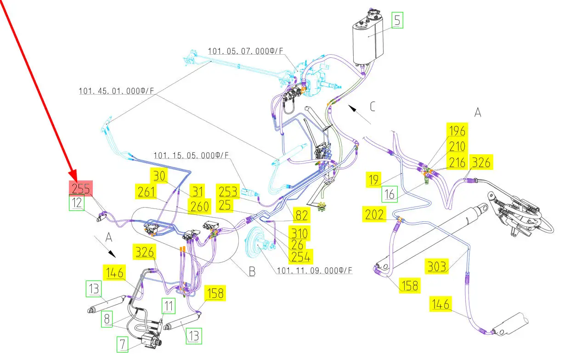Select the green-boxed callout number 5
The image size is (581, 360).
tap(397, 21)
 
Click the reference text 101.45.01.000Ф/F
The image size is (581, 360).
tap(116, 91)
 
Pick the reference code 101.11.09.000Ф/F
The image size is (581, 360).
tap(315, 270)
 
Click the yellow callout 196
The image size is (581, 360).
tap(457, 131)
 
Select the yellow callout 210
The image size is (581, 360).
tap(457, 147)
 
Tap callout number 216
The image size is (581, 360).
tap(457, 162)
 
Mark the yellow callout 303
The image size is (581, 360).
tap(437, 266)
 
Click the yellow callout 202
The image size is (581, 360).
tap(375, 214)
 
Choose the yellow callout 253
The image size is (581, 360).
tap(228, 191)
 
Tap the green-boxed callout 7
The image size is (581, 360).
tap(122, 344)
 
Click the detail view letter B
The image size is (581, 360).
tap(252, 271)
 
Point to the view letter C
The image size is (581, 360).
tap(372, 107)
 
